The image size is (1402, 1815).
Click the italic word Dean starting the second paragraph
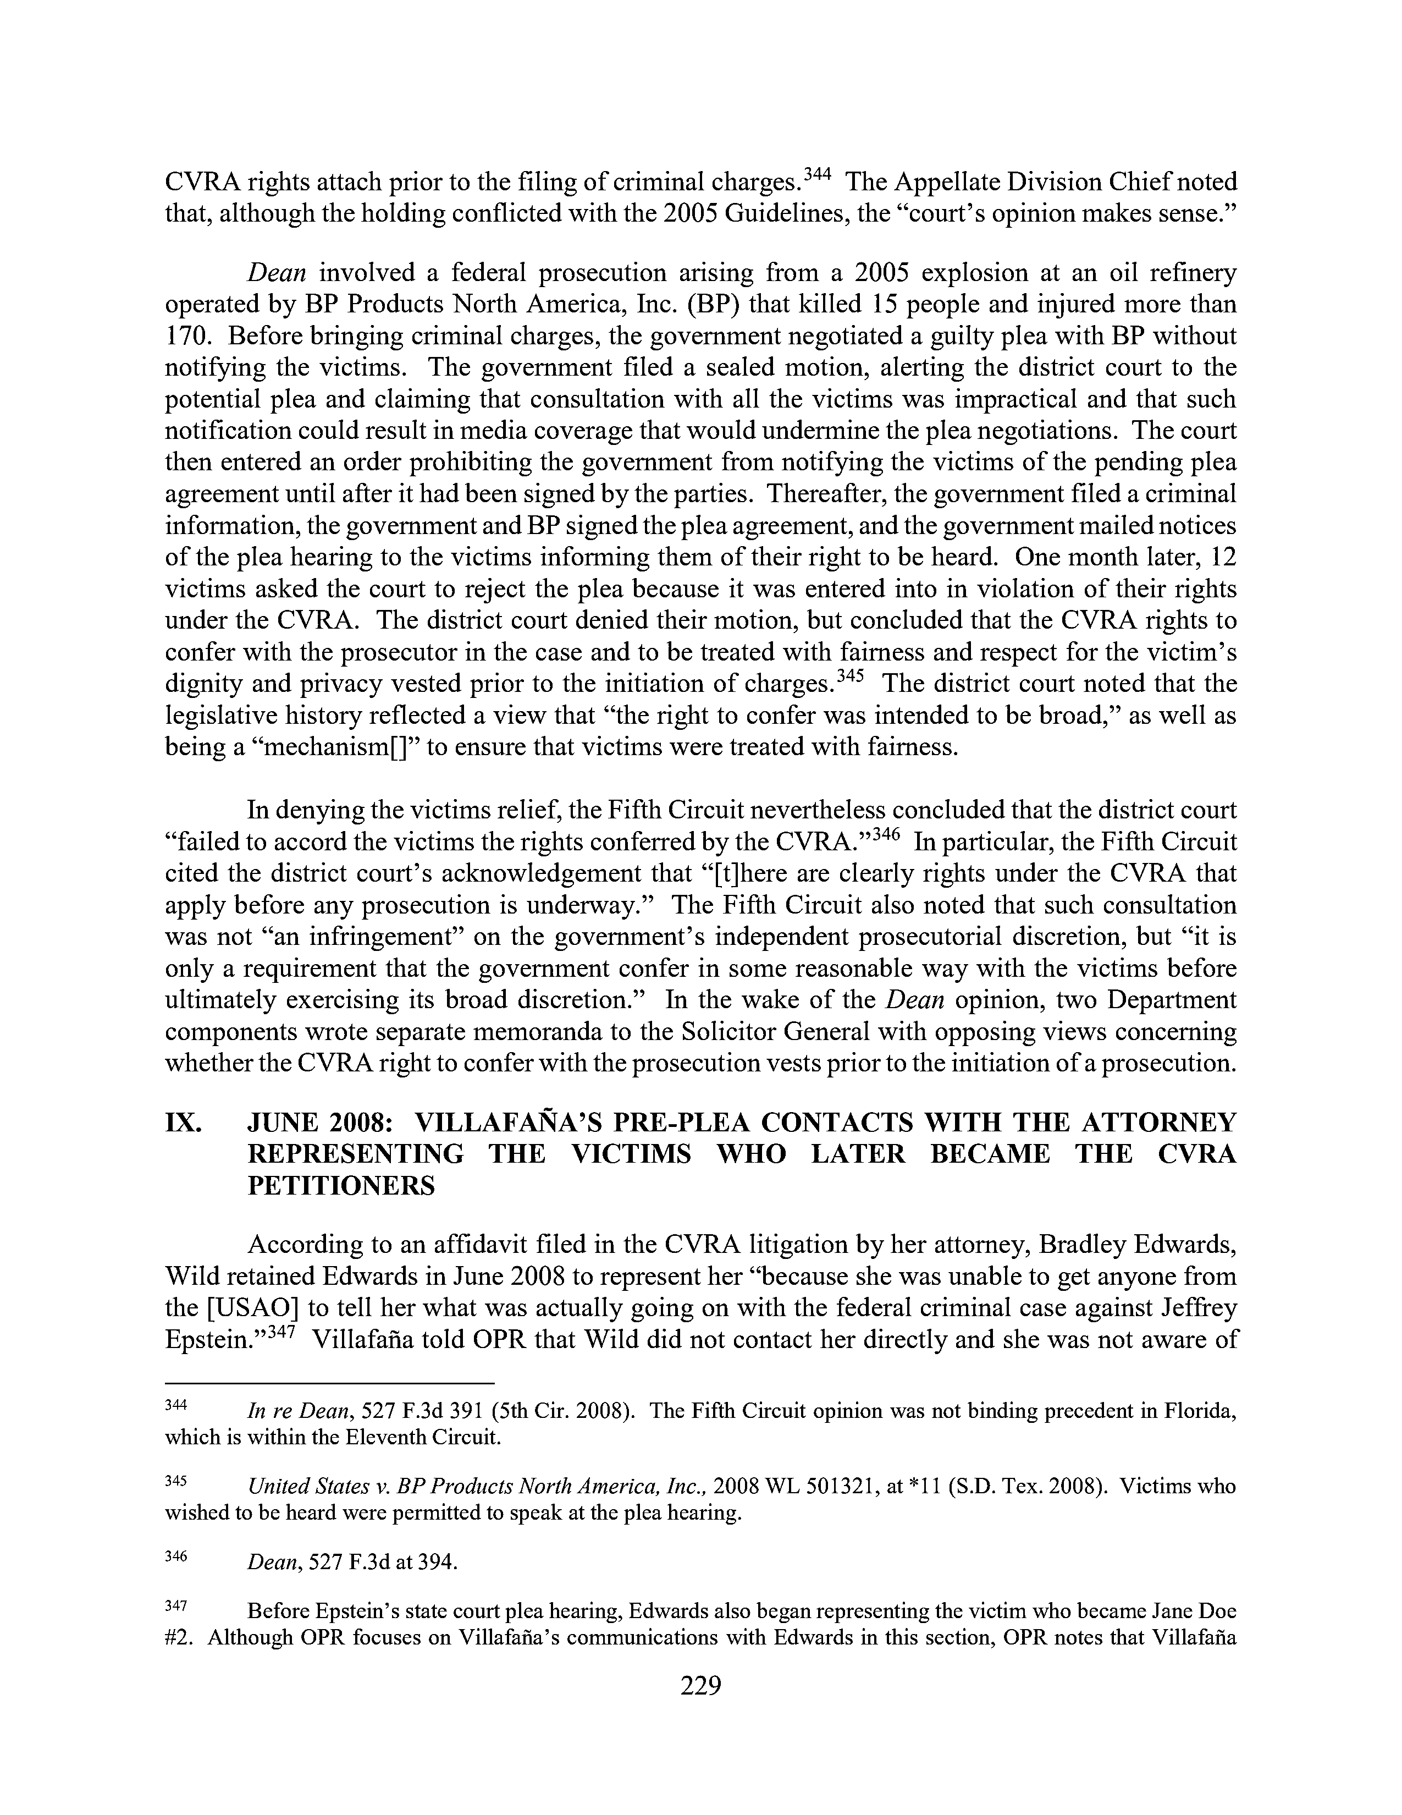[278, 273]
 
